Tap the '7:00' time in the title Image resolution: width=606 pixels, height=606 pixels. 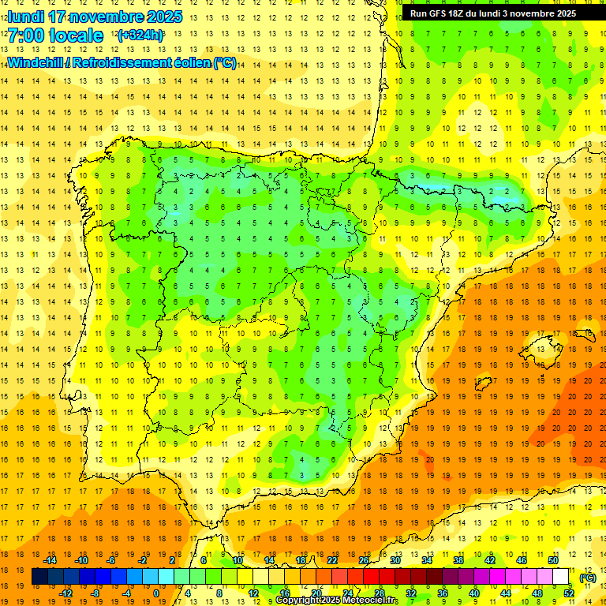tap(27, 36)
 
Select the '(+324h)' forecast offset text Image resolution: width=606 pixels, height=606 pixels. tap(140, 35)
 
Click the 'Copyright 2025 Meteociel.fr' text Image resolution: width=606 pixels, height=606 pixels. tap(337, 600)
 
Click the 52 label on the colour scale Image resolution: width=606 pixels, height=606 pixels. tap(569, 593)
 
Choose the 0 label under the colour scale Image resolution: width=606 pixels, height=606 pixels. tap(156, 593)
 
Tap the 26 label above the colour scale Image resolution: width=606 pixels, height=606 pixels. tap(364, 560)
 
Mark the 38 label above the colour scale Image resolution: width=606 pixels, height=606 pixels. tap(458, 560)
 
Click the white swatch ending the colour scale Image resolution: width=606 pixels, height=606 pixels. tap(561, 577)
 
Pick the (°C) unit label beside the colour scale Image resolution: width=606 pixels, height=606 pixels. tap(588, 578)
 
